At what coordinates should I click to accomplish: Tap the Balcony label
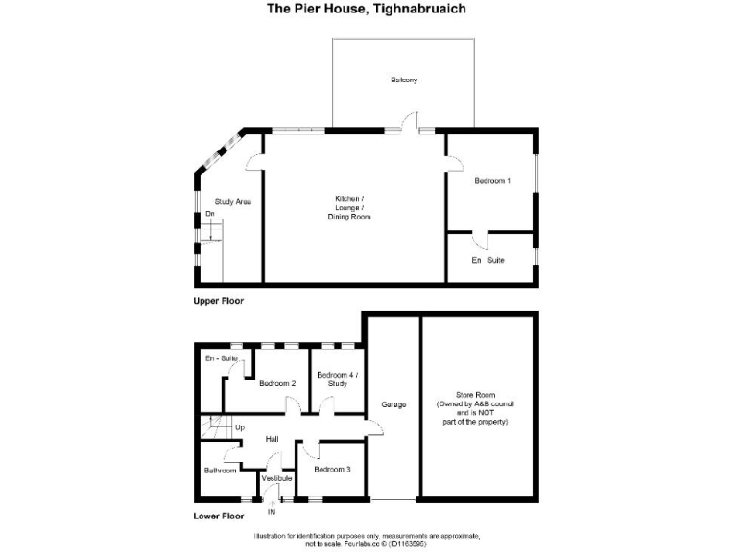pos(404,80)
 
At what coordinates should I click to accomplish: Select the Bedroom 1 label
pos(491,181)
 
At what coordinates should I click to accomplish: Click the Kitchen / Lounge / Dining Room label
pos(348,208)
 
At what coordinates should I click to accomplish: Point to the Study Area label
pos(233,201)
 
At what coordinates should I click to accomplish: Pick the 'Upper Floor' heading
pos(219,301)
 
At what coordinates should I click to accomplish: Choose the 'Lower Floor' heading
pos(219,515)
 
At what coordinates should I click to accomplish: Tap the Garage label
pos(393,404)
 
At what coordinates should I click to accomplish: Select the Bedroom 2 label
pos(276,384)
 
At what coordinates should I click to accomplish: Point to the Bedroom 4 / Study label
pos(336,379)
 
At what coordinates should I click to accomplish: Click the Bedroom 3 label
pos(332,469)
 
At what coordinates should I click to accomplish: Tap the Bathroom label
pos(220,471)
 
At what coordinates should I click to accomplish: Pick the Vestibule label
pos(276,477)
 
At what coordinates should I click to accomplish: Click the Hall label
pos(272,439)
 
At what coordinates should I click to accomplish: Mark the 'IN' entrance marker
pos(271,511)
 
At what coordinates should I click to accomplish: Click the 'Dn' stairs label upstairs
pos(209,214)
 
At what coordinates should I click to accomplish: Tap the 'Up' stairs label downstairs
pos(240,426)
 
